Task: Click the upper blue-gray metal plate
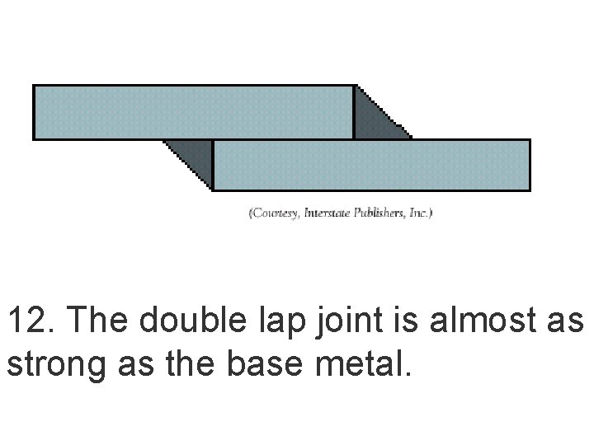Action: point(194,112)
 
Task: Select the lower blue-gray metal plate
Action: point(371,165)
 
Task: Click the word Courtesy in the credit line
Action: point(276,213)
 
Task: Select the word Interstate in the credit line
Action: point(327,213)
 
